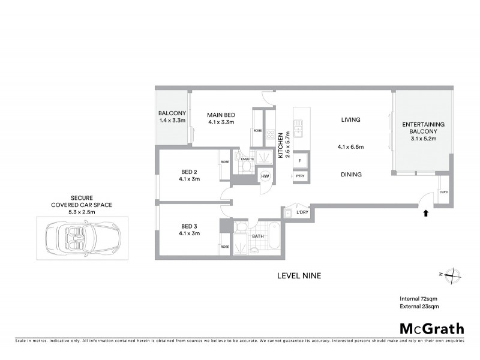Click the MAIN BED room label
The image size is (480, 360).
220,115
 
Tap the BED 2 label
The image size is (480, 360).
190,171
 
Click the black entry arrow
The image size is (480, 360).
426,212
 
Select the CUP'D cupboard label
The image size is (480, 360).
444,192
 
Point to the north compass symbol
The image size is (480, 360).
452,275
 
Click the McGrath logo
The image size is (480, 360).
431,328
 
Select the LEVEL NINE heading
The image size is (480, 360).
299,276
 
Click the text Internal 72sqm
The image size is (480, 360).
419,298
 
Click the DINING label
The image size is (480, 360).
350,175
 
